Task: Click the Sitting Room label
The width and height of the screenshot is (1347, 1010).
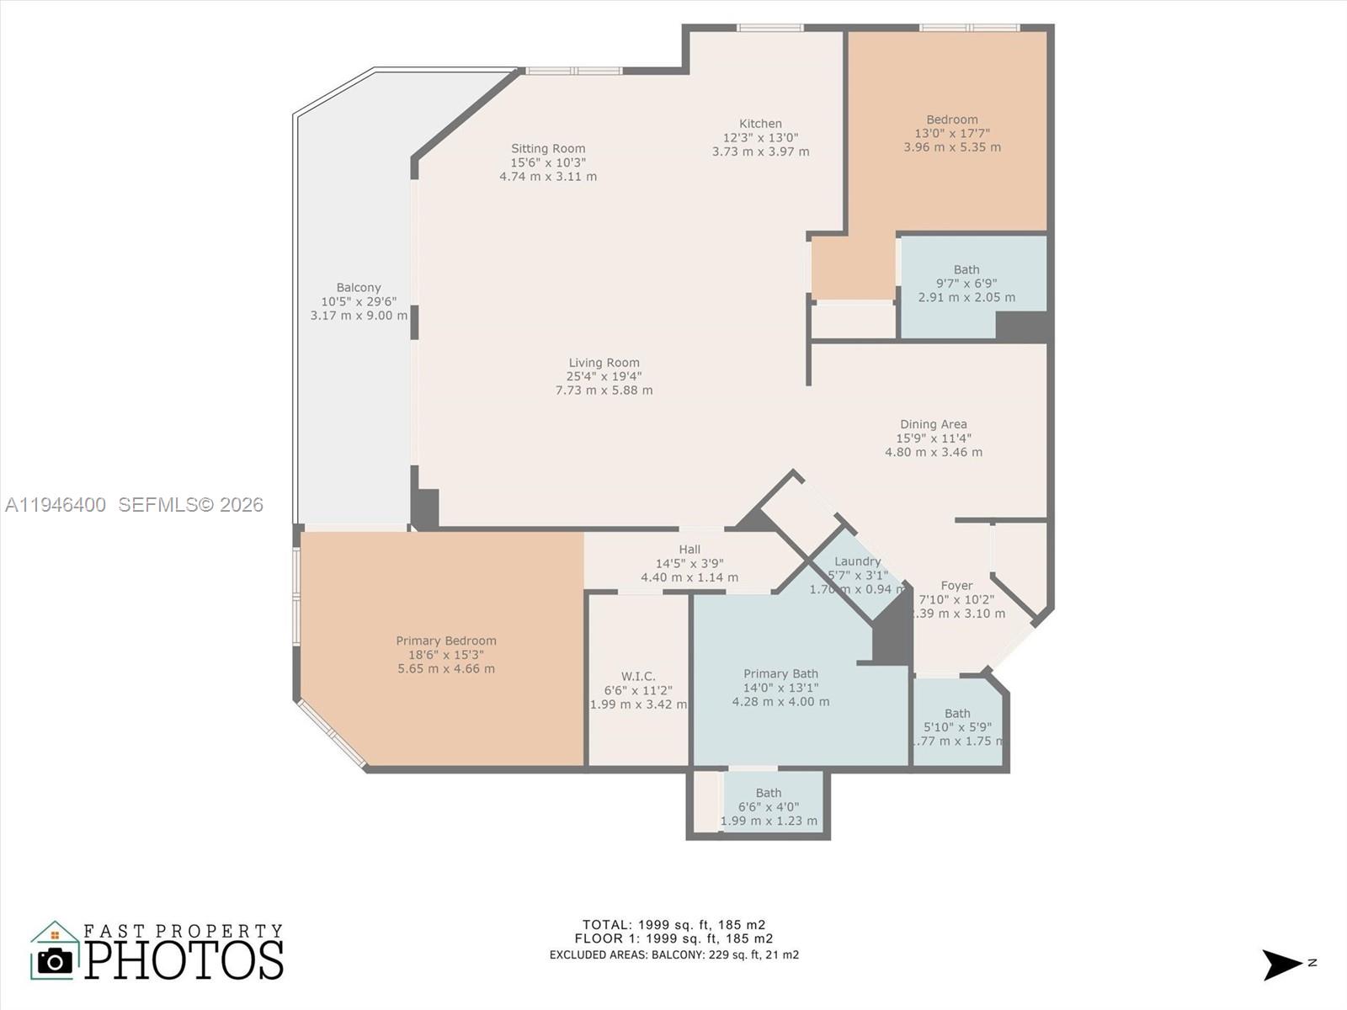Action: pos(548,149)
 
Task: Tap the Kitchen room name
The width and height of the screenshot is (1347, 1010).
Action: pos(760,124)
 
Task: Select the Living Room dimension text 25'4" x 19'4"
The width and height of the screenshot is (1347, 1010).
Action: pos(604,377)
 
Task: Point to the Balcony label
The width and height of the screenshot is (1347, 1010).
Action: pos(359,288)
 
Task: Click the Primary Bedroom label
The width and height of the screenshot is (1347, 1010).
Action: pos(446,641)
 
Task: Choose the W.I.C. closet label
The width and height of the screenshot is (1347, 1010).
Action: pos(638,676)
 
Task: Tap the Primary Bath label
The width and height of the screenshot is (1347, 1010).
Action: pos(780,673)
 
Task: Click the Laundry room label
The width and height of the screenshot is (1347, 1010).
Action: pos(857,561)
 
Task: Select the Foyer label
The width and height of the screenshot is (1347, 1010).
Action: pos(956,586)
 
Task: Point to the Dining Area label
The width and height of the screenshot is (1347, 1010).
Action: pos(933,424)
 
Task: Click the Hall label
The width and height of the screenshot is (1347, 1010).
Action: pos(689,550)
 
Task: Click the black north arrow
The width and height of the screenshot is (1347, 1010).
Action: pos(1281,965)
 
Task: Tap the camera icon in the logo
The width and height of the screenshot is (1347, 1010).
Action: pos(56,960)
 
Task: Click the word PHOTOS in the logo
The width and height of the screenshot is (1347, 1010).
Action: pos(184,960)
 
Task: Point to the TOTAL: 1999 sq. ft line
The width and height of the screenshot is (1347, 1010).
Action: pos(673,924)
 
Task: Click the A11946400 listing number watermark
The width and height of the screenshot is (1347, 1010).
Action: pos(56,504)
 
